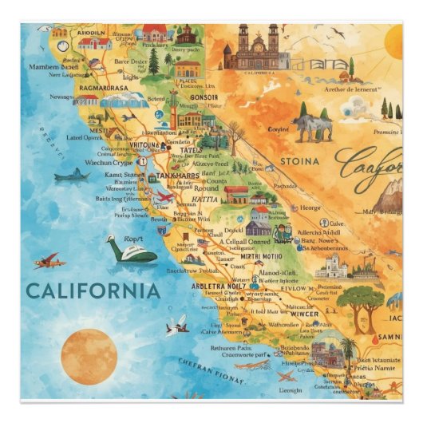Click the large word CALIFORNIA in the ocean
point(92,289)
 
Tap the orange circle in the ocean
point(89,356)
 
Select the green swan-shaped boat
point(131,251)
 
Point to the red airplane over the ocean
point(47,261)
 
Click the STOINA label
point(299,161)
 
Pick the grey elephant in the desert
point(312,126)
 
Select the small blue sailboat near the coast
point(73,175)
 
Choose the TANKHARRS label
point(176,176)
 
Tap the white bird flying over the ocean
point(177,323)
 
